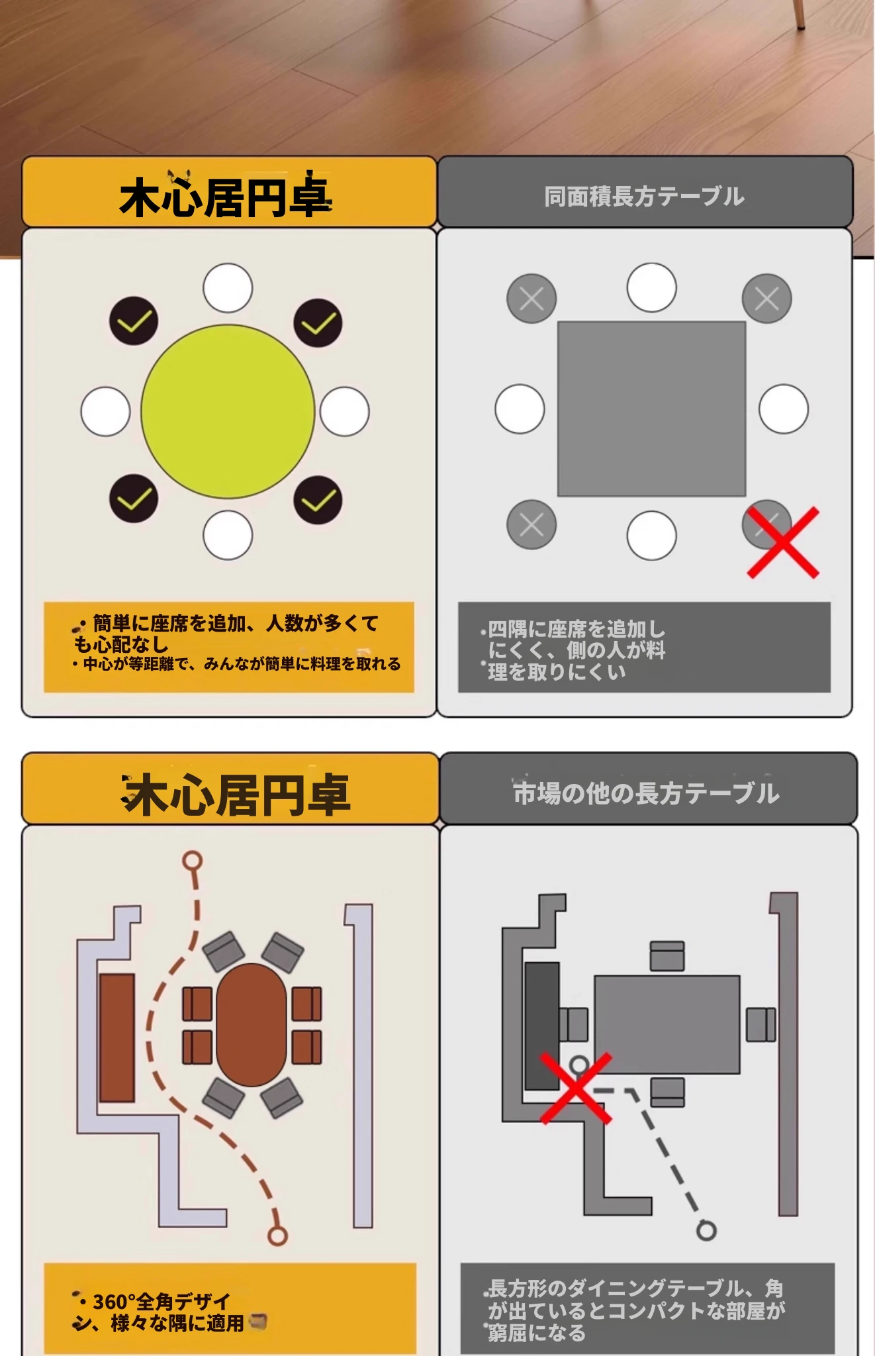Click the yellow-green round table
(x=228, y=411)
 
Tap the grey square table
(x=651, y=409)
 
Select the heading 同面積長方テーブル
(x=644, y=197)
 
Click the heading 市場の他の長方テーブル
(x=646, y=793)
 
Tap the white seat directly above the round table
(x=228, y=288)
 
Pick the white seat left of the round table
(x=105, y=411)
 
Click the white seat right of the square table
(x=784, y=409)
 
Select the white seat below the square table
(x=651, y=535)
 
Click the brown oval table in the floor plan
(x=252, y=1024)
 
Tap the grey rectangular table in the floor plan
(x=667, y=1024)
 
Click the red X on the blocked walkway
(x=576, y=1089)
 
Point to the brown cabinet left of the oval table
(x=117, y=1038)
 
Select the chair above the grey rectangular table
(x=667, y=956)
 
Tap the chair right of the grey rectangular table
(x=761, y=1024)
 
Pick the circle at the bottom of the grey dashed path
(x=707, y=1230)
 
